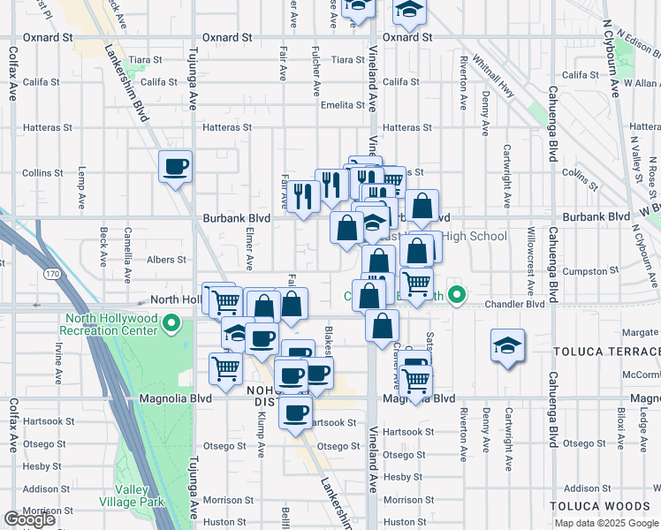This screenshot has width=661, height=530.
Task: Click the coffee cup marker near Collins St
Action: coord(175,165)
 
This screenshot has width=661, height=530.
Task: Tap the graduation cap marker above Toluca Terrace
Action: coord(507,344)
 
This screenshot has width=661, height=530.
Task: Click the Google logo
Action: coord(29,519)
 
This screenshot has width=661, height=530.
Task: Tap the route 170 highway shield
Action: coord(54,275)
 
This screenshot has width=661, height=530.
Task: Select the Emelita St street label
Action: coord(343,104)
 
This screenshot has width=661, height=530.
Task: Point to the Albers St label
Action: coord(166,260)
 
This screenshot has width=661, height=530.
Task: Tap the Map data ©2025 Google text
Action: coord(605,523)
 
